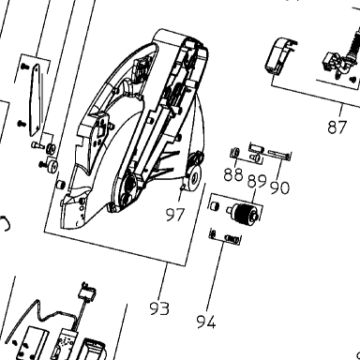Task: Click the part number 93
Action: click(159, 308)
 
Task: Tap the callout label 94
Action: click(206, 322)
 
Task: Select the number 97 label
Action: click(175, 215)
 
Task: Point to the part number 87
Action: click(337, 127)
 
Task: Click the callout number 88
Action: click(233, 174)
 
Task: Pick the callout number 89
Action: click(257, 181)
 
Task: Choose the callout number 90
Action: click(280, 187)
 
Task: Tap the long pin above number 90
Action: click(279, 154)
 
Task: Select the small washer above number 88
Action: click(234, 153)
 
